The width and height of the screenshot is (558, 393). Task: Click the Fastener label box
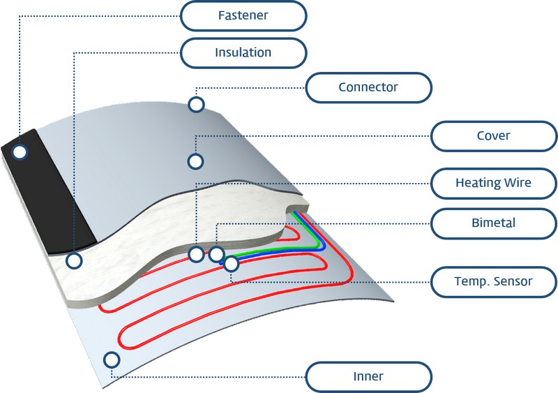[x=243, y=16]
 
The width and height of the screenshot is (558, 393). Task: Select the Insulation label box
[x=243, y=53]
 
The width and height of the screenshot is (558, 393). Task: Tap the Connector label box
[x=369, y=88]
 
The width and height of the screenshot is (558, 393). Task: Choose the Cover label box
[x=494, y=136]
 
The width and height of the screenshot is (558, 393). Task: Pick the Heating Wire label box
[x=494, y=183]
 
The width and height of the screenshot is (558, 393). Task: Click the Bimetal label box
[x=494, y=223]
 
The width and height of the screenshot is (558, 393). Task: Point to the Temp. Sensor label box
[x=494, y=282]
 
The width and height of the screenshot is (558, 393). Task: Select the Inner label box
[x=369, y=377]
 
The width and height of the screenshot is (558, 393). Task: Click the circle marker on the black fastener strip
[x=20, y=152]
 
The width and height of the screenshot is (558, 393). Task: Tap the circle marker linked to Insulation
[x=74, y=261]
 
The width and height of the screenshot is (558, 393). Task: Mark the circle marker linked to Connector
[x=196, y=105]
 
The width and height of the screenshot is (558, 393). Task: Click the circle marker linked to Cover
[x=195, y=162]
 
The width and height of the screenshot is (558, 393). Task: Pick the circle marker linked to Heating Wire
[x=196, y=254]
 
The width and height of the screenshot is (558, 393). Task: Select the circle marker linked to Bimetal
[x=216, y=254]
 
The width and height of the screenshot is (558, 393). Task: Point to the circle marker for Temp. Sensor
[x=232, y=264]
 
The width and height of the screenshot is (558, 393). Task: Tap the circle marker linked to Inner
[x=112, y=360]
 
